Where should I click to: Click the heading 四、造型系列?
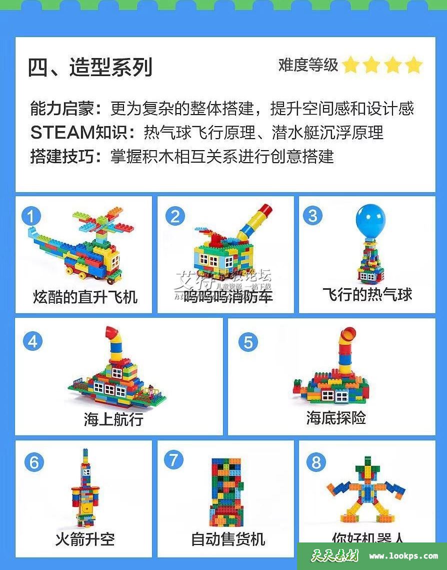point(90,67)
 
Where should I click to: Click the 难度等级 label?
point(308,65)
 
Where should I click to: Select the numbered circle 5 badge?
point(248,342)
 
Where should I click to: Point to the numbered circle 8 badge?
point(316,462)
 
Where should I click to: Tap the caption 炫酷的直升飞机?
point(85,297)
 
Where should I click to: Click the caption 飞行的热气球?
point(367,294)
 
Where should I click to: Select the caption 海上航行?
point(113,419)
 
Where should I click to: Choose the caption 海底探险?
point(336,417)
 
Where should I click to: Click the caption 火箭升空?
point(85,539)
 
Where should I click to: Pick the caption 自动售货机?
point(228,539)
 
